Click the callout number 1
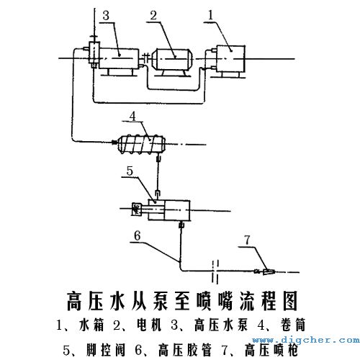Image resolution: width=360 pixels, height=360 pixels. point(210,14)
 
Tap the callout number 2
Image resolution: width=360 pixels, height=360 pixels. point(153,15)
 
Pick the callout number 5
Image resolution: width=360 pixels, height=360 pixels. point(129,171)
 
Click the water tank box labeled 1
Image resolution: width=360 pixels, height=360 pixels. point(228,54)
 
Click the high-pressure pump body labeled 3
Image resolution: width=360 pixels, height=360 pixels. point(120,56)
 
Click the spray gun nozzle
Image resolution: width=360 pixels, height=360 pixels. point(269,272)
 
